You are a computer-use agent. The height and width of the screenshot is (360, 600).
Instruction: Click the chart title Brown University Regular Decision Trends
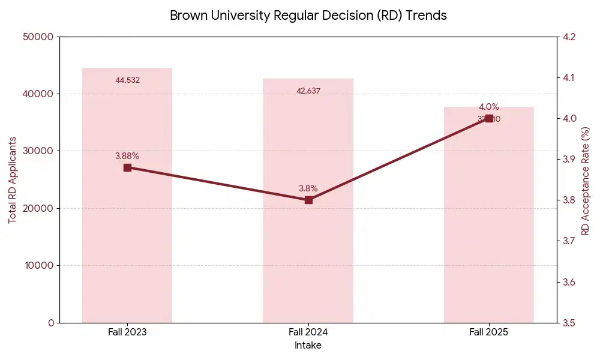(308, 16)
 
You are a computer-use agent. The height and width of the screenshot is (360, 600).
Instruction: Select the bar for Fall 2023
(127, 240)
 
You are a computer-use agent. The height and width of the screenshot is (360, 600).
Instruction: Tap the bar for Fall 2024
(308, 252)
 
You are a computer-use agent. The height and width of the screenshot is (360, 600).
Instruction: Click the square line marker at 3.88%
(127, 167)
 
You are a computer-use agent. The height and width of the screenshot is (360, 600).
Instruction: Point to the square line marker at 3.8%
(308, 200)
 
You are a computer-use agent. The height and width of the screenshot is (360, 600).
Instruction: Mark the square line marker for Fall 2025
(489, 118)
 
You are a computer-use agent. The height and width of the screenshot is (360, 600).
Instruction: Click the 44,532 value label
(127, 80)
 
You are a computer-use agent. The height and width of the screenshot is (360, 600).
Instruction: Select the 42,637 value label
(308, 91)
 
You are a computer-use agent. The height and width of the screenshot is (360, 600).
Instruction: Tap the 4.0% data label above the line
(488, 107)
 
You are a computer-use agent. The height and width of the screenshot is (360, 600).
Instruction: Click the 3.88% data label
(127, 156)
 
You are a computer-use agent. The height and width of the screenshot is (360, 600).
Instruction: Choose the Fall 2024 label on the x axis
(308, 332)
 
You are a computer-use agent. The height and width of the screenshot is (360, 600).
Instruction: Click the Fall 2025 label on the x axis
(488, 332)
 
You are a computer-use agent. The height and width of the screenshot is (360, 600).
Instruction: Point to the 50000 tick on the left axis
(39, 37)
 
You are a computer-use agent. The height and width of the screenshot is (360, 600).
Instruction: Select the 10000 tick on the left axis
(39, 265)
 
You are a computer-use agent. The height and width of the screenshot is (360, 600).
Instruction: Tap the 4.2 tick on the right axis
(569, 37)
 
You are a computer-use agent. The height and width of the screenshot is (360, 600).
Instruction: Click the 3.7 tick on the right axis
(569, 241)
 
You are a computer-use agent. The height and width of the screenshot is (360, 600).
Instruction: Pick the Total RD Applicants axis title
(12, 180)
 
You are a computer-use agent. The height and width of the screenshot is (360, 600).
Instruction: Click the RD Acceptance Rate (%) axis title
(586, 180)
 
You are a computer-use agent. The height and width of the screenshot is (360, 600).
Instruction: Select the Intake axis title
(308, 346)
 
